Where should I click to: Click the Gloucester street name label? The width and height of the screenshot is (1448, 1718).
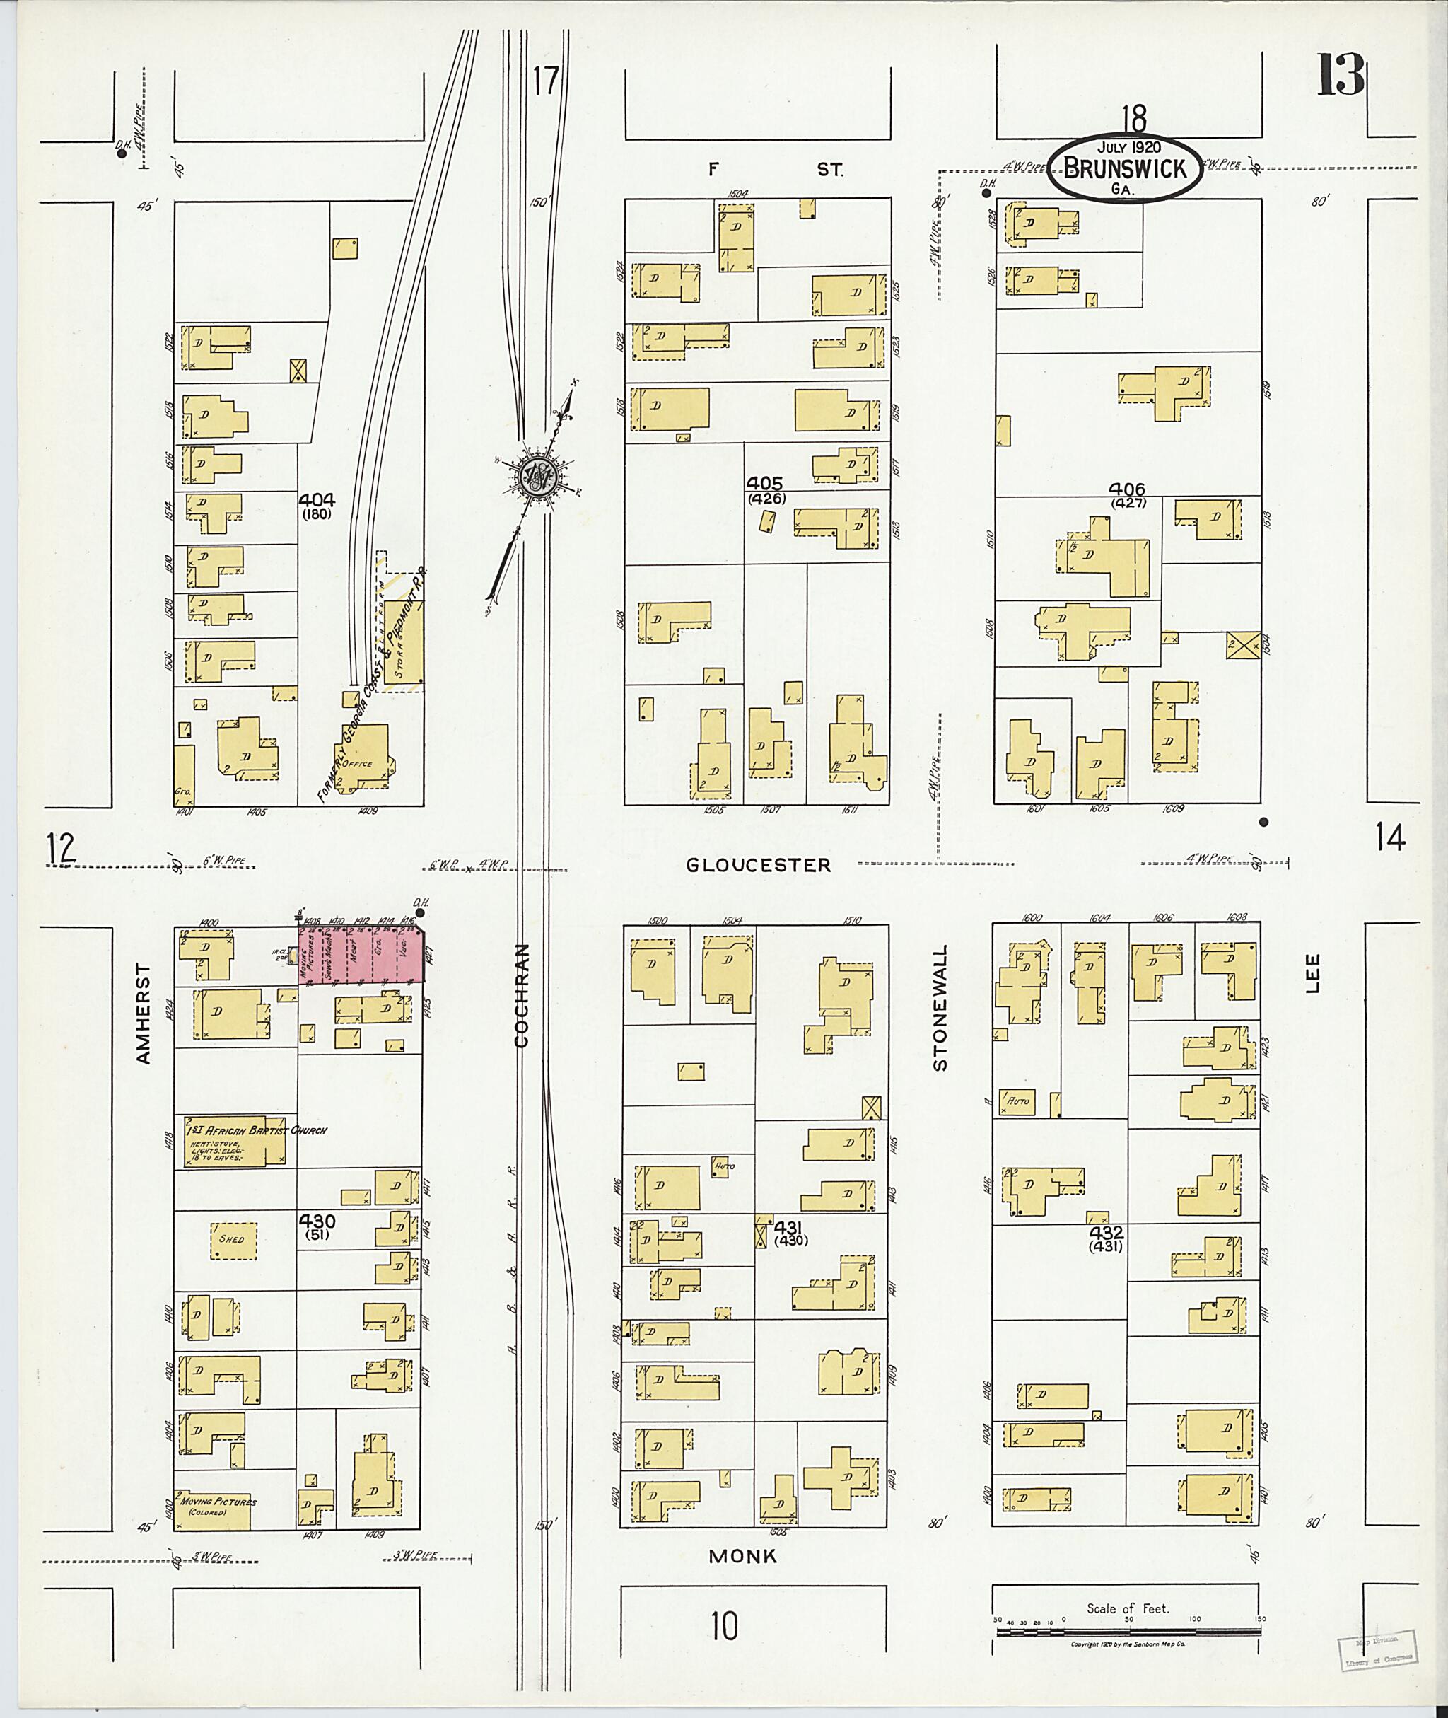tap(759, 865)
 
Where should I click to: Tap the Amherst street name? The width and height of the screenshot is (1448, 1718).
tap(144, 1016)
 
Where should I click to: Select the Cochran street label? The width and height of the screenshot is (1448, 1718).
tap(521, 995)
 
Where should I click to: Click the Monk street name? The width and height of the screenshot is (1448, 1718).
tap(742, 1556)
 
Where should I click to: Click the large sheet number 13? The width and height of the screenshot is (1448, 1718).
tap(1341, 75)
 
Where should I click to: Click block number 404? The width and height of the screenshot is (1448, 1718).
tap(316, 499)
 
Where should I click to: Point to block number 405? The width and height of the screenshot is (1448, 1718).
tap(764, 484)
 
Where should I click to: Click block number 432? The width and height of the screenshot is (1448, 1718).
tap(1106, 1233)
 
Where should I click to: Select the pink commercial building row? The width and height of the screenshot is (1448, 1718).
tap(361, 954)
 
